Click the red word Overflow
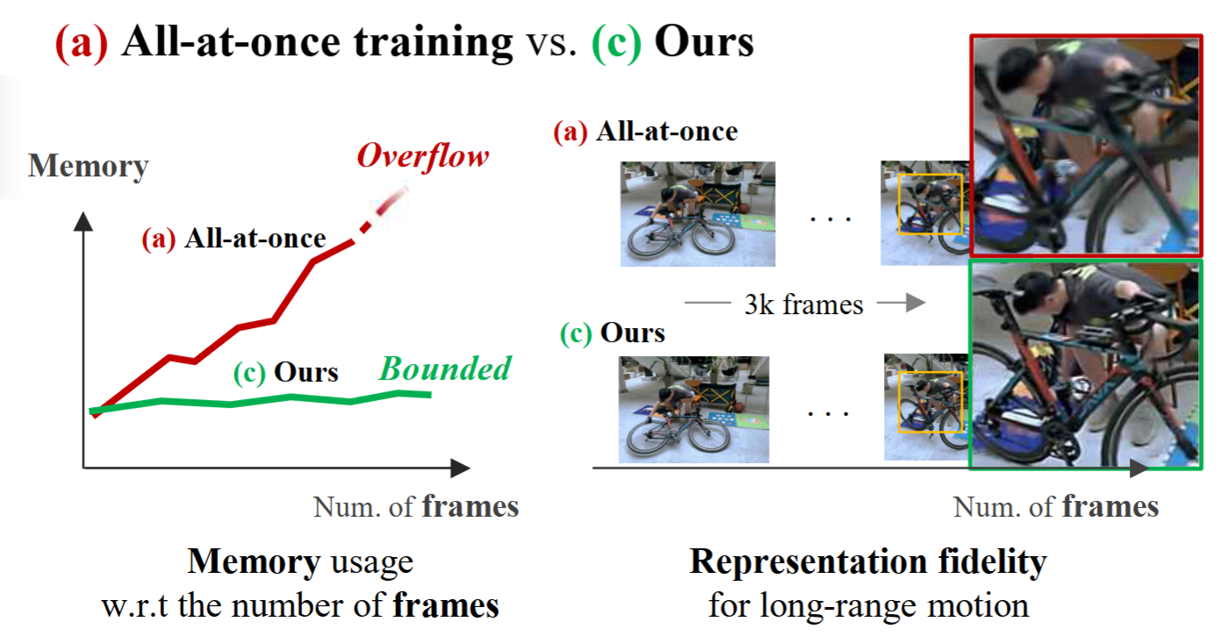422,158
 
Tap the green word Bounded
444,369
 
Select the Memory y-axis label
88,166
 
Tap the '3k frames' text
804,304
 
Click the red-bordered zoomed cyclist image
1086,145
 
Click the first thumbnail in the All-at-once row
697,214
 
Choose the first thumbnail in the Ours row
693,410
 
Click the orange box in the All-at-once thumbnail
930,204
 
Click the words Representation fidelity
867,562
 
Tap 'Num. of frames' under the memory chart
415,507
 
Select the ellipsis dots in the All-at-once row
829,216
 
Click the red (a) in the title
82,43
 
